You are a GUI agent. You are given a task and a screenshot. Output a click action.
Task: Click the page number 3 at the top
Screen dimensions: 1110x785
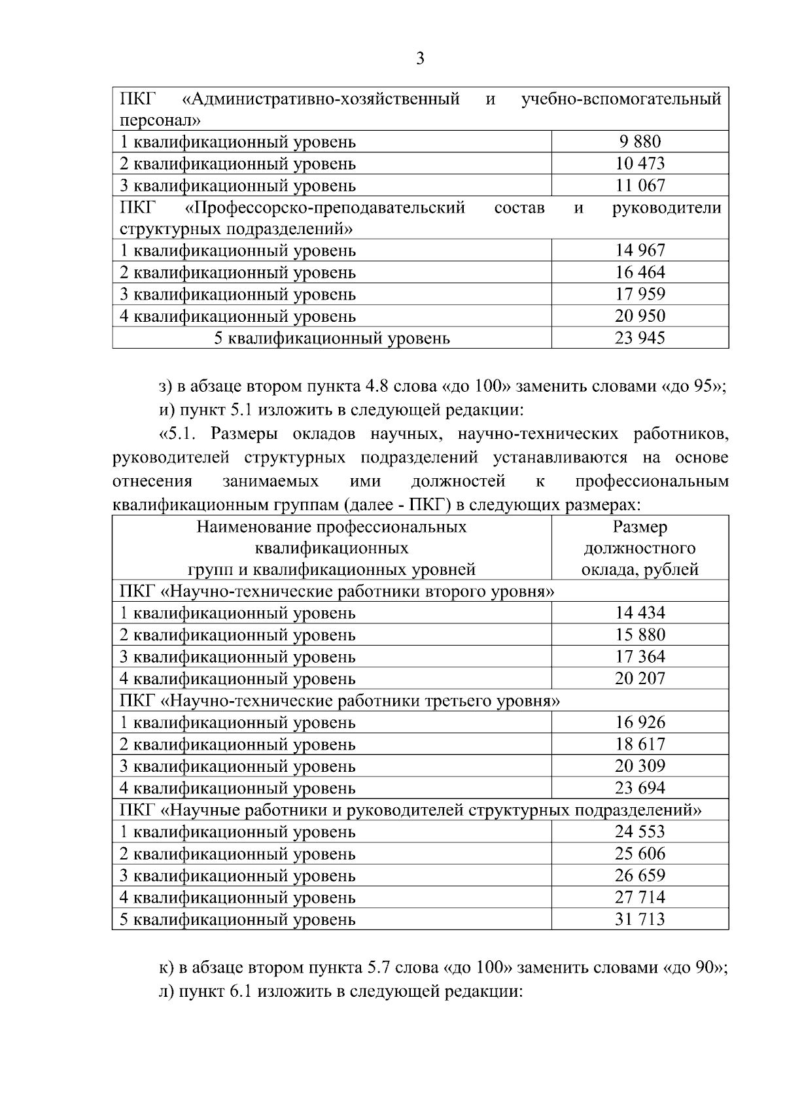click(x=421, y=59)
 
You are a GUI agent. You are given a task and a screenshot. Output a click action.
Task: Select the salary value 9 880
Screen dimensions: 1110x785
click(x=639, y=141)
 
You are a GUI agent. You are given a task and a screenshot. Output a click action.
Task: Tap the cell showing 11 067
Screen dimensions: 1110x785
click(x=639, y=185)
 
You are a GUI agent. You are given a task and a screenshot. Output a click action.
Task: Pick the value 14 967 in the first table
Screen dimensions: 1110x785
click(x=639, y=250)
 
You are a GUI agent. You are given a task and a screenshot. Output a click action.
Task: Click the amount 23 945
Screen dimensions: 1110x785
click(x=639, y=338)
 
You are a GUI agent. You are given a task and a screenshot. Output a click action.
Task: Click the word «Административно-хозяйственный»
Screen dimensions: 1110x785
click(x=320, y=99)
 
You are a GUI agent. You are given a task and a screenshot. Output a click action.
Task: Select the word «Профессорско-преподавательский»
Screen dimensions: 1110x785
click(x=325, y=208)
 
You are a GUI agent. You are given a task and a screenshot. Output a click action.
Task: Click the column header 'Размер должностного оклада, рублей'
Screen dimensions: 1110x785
click(x=639, y=548)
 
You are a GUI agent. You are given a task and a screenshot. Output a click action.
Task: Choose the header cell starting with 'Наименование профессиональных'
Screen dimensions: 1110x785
click(x=332, y=548)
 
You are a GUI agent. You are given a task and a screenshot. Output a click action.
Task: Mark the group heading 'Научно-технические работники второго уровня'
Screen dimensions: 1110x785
click(x=358, y=591)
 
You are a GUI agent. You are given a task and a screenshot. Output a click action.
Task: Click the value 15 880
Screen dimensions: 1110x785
click(x=639, y=634)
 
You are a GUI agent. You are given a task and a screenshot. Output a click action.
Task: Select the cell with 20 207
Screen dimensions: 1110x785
click(x=639, y=678)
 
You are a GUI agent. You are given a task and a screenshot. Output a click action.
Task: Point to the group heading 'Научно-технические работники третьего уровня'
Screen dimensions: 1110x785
click(x=360, y=701)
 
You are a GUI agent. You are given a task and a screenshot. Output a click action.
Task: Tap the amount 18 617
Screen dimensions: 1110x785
click(x=639, y=744)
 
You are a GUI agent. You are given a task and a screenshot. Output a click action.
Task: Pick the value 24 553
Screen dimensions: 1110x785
click(x=639, y=831)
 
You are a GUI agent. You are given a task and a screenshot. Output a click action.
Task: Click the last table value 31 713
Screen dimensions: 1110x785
click(x=639, y=919)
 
